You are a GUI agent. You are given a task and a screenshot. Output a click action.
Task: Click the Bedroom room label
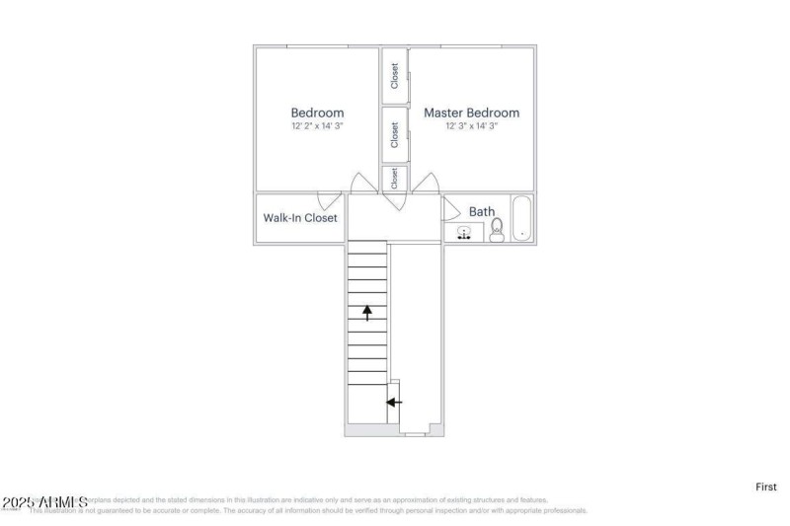coord(317,113)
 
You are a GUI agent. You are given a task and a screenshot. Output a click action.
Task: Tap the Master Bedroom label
coord(471,113)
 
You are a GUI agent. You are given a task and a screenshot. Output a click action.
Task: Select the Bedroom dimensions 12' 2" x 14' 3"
coord(317,126)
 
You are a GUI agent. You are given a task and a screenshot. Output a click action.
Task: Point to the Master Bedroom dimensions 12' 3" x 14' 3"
coord(471,126)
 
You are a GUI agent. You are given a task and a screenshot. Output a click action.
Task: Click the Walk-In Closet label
coord(300,218)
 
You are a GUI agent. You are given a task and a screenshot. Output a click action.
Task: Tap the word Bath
coord(482,211)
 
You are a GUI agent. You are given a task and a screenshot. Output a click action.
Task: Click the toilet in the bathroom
coord(497,230)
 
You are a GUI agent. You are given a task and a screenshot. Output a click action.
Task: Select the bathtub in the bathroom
coord(521,219)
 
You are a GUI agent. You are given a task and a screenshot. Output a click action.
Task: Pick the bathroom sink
coord(462,233)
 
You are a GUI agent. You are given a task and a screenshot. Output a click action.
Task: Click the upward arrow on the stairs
coord(367,313)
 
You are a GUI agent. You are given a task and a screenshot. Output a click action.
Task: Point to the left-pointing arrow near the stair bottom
coord(394,403)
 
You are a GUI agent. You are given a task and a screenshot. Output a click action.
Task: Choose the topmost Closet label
coord(395,77)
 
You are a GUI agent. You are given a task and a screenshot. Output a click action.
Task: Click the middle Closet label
coord(395,134)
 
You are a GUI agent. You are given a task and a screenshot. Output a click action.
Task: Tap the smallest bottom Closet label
coord(395,179)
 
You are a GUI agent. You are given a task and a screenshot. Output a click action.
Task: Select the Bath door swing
coord(449,208)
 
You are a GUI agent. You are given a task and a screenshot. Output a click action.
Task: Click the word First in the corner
coord(766,487)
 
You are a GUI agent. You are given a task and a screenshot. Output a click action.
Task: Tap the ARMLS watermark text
coord(44,503)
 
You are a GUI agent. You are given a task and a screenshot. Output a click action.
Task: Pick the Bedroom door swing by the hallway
coord(362,184)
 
